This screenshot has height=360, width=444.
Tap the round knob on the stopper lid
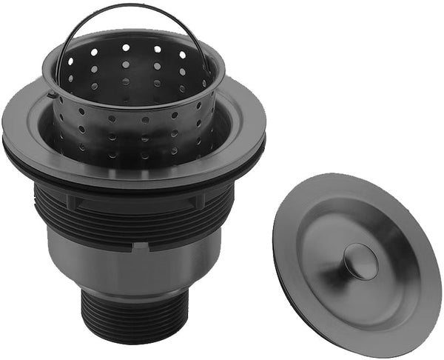(360, 260)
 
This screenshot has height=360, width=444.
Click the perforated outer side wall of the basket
(133, 130)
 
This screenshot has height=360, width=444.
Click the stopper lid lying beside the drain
(355, 252)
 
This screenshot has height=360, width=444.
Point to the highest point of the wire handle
(126, 5)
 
